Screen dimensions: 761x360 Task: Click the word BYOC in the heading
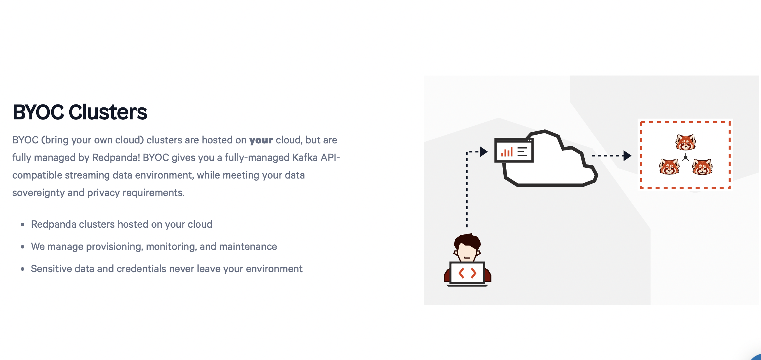point(38,112)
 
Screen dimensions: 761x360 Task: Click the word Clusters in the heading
point(108,112)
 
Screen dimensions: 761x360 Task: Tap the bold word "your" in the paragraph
point(261,140)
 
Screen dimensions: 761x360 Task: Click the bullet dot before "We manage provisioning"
point(23,247)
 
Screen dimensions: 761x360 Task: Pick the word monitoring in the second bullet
point(171,246)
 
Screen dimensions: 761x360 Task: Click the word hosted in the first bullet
point(133,224)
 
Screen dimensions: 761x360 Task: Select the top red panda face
point(686,142)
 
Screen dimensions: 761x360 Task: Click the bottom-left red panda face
point(669,167)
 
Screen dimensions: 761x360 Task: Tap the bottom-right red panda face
point(702,167)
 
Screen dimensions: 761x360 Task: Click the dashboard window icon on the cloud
point(514,150)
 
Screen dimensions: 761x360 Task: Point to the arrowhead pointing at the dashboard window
point(484,152)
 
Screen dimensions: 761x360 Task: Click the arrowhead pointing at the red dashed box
point(627,155)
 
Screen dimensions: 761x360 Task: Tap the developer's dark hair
point(467,241)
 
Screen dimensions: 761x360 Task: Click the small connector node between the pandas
point(686,158)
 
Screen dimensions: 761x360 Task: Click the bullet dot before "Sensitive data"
point(23,269)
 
